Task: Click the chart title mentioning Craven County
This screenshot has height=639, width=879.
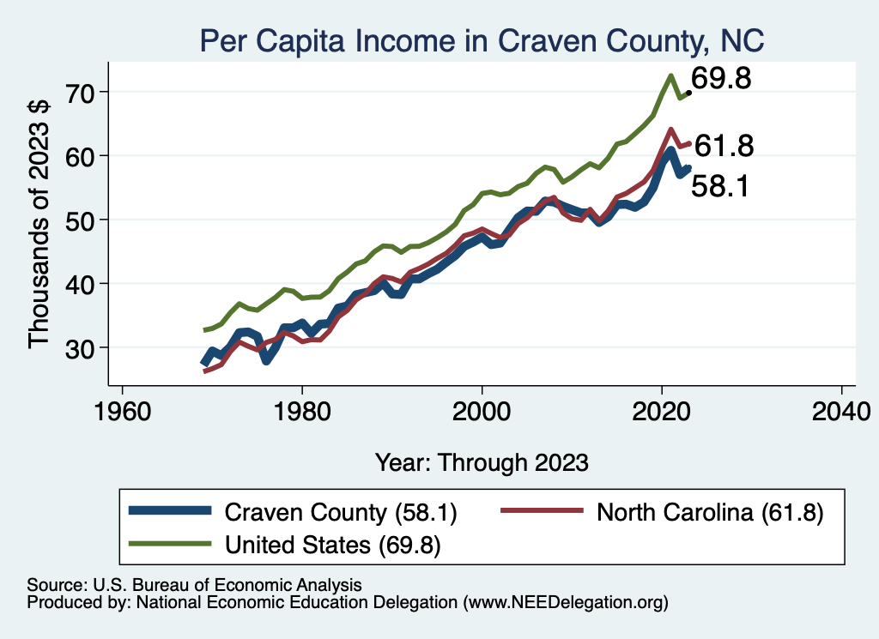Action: coord(481,39)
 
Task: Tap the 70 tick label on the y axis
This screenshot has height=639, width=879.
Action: coord(85,91)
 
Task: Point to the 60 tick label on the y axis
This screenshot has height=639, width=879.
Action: coord(85,155)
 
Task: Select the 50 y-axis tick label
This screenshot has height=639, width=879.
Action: coord(85,220)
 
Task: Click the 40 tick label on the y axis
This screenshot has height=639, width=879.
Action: coord(85,283)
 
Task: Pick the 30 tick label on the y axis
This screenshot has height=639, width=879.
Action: coord(85,347)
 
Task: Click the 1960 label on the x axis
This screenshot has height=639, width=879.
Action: coord(122,406)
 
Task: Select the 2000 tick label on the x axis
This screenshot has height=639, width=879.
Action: coord(482,406)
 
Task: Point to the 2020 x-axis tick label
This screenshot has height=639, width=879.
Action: coord(662,406)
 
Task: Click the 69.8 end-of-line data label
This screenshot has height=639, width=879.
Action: coord(722,80)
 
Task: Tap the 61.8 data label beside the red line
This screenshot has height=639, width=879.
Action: coord(724,147)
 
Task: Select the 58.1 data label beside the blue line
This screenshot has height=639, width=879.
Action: coord(721,185)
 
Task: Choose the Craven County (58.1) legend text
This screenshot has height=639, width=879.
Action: coord(341,513)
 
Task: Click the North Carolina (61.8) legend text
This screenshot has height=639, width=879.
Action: coord(710,513)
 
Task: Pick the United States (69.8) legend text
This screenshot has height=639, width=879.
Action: coord(333,545)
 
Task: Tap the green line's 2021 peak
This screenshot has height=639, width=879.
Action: coord(670,75)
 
